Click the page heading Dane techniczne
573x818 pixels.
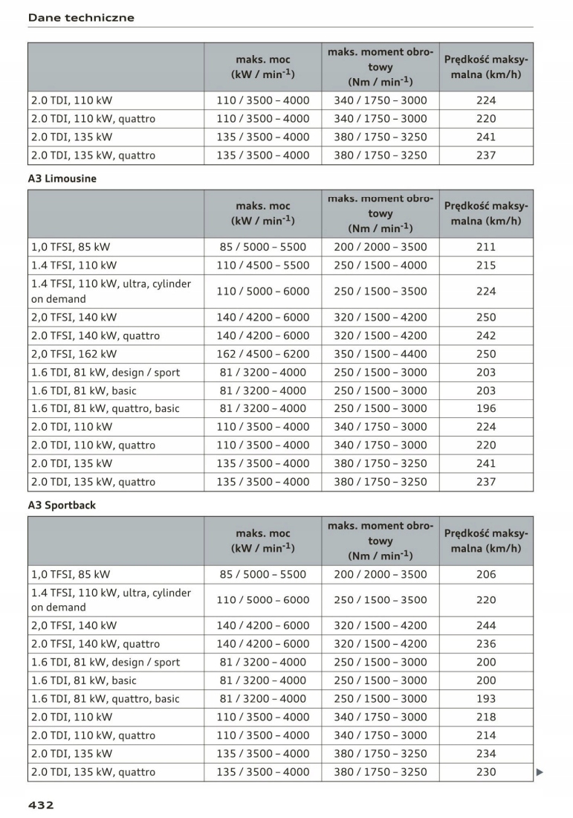(x=81, y=18)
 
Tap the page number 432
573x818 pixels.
(x=41, y=805)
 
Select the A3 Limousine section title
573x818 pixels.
(x=62, y=178)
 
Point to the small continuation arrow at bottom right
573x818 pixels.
(x=540, y=772)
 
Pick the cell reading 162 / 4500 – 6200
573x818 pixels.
(x=263, y=354)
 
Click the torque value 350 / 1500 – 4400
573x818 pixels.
(x=381, y=354)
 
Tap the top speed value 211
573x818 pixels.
(x=486, y=247)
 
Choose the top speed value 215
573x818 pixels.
(x=486, y=265)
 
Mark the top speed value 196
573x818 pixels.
(x=486, y=408)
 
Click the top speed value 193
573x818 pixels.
(x=486, y=698)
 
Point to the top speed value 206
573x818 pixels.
(x=486, y=574)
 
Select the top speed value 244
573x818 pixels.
(x=486, y=625)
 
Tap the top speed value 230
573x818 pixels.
(x=486, y=772)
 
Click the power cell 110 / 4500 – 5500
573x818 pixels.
(x=263, y=265)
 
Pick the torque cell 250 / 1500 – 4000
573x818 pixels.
(x=381, y=265)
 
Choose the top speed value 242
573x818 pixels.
(x=486, y=335)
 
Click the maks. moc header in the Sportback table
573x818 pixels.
(x=263, y=541)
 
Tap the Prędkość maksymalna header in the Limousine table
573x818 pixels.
(x=486, y=213)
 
